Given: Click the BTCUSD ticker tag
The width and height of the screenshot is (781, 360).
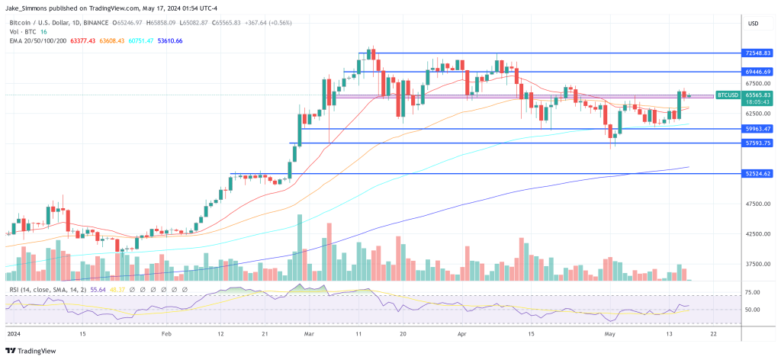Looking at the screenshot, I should pos(726,95).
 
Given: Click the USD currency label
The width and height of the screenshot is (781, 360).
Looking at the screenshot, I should pos(754,24).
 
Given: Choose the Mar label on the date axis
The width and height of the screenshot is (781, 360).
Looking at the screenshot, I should pos(309,334).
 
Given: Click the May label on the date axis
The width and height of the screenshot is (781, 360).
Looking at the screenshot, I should pos(609,334).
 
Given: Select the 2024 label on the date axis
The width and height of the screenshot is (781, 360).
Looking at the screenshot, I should pos(14,334).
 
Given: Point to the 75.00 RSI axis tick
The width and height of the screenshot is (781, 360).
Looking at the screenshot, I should pos(750,292).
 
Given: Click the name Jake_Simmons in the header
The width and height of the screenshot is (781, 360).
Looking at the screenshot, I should pos(27,7).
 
